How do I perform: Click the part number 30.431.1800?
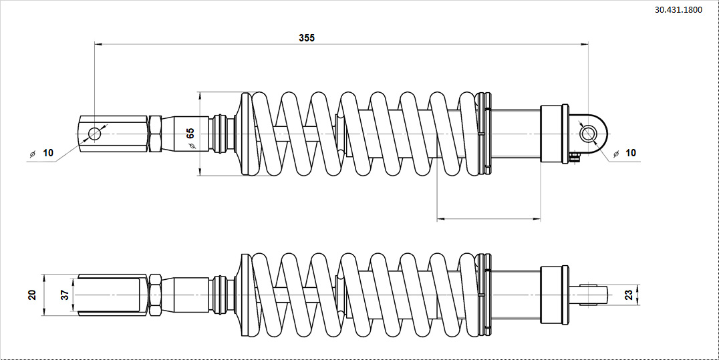click(x=678, y=11)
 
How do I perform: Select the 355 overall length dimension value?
click(x=307, y=38)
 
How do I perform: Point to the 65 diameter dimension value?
click(x=190, y=134)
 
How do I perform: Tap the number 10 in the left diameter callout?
click(x=48, y=153)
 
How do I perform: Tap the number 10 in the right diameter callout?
click(x=631, y=153)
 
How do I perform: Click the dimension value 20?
click(x=31, y=295)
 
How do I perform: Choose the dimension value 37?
click(x=65, y=295)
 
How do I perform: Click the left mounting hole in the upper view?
click(x=94, y=134)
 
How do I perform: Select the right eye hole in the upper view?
click(x=588, y=134)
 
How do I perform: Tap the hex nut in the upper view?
click(x=154, y=134)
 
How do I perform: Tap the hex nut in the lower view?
click(x=154, y=295)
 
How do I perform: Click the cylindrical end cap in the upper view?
click(x=554, y=134)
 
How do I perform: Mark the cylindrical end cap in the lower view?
click(x=554, y=295)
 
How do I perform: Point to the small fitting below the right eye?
click(x=574, y=156)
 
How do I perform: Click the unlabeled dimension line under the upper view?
click(x=488, y=218)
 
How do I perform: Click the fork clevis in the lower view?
click(x=111, y=295)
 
